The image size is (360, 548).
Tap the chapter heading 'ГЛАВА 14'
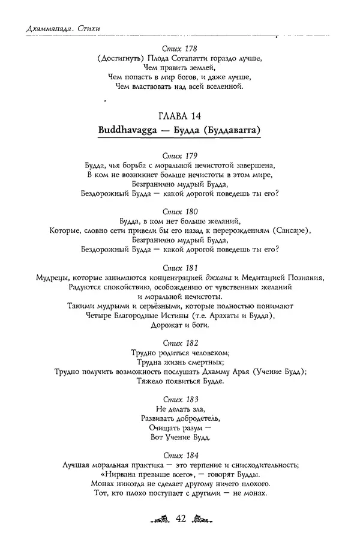tap(180, 115)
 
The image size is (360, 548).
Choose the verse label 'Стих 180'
tap(180, 212)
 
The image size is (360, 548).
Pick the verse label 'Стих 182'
tap(180, 344)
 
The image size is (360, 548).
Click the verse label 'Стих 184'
tap(180, 456)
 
